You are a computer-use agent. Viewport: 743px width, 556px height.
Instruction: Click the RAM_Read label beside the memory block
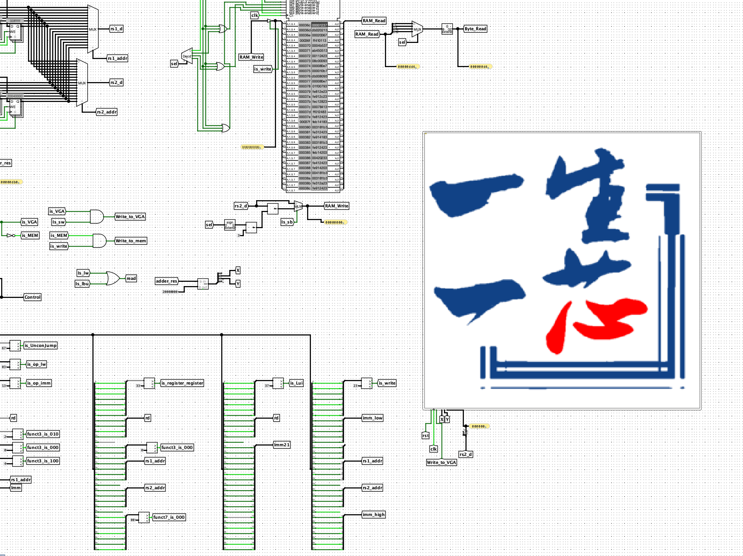point(374,21)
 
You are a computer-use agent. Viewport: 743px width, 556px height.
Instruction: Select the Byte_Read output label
point(475,29)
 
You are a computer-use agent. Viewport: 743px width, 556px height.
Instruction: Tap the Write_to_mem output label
point(131,241)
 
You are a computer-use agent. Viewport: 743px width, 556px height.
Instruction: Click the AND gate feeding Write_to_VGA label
point(97,217)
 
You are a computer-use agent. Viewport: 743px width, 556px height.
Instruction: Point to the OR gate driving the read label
point(112,278)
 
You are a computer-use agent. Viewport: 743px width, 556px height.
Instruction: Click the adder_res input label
point(166,281)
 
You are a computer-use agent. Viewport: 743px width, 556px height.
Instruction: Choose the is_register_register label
point(182,383)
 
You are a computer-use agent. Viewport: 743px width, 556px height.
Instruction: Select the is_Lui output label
point(296,383)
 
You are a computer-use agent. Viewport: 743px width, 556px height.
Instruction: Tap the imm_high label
point(373,515)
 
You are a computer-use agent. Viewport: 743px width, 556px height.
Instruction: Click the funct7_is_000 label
point(169,517)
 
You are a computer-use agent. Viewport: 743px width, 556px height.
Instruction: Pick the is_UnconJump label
point(41,345)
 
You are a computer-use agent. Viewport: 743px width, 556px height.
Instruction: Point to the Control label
point(33,297)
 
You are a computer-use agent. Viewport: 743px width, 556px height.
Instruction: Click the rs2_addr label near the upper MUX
point(107,112)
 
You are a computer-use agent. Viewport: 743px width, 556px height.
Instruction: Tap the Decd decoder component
point(187,56)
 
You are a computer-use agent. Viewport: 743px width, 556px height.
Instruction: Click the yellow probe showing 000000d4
point(479,67)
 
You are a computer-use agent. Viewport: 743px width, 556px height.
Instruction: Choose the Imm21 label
point(282,445)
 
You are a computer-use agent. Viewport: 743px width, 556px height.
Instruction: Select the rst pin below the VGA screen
point(426,436)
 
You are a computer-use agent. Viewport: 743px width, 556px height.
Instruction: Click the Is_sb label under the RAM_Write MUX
point(287,222)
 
